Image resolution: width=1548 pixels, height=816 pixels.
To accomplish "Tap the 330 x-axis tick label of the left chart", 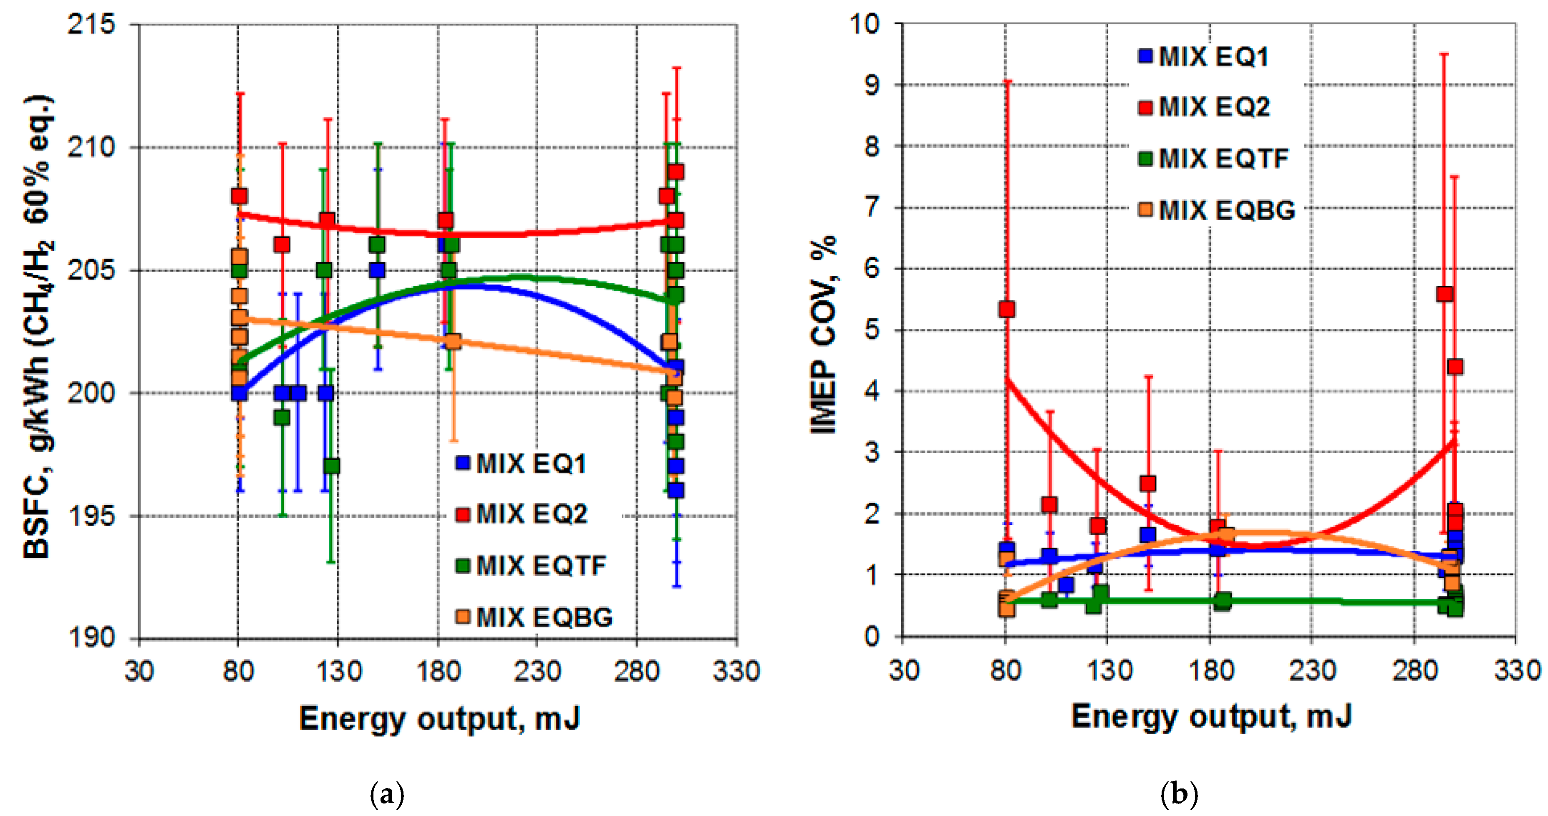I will pyautogui.click(x=737, y=670).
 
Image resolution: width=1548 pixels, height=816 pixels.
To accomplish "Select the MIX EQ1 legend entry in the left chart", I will pyautogui.click(x=522, y=463).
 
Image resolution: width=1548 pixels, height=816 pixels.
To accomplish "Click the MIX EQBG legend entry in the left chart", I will pyautogui.click(x=535, y=617).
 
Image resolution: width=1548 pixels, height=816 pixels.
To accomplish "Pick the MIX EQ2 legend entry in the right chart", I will pyautogui.click(x=1205, y=107).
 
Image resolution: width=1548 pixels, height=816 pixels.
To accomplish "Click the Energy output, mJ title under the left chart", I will pyautogui.click(x=440, y=719).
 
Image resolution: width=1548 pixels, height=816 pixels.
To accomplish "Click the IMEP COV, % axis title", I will pyautogui.click(x=824, y=335).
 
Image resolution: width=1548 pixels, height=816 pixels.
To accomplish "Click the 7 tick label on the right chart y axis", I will pyautogui.click(x=872, y=208).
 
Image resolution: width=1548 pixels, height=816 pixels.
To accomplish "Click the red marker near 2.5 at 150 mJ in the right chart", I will pyautogui.click(x=1148, y=484).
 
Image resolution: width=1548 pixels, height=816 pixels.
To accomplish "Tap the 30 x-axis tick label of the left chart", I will pyautogui.click(x=139, y=670).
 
